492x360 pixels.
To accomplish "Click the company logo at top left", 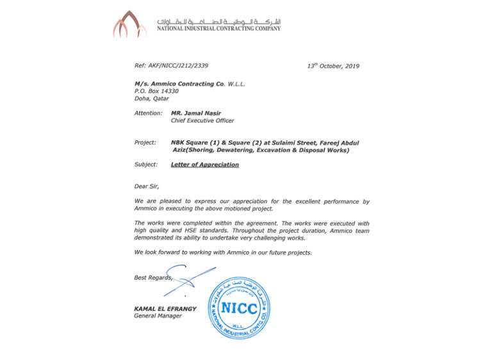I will pos(130,24).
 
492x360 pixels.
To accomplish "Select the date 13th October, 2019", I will pos(333,65).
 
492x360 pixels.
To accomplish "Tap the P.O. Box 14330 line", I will pos(156,91).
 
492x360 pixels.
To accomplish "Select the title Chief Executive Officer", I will pos(202,120).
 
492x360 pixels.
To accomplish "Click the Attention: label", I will pos(148,113).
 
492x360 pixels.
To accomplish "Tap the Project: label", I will pos(145,142).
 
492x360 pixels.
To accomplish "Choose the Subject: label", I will pos(146,165).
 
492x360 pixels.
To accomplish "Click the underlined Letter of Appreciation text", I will pos(205,165).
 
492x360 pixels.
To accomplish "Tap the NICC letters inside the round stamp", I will pos(239,308).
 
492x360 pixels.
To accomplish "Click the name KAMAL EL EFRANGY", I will pos(165,309).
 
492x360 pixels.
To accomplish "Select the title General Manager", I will pos(158,316).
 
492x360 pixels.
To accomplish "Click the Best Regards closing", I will pos(153,277).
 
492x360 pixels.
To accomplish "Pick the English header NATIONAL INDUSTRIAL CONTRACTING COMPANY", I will pos(218,29).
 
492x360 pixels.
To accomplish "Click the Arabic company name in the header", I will pos(218,20).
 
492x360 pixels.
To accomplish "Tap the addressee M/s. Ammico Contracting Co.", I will pos(190,84).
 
